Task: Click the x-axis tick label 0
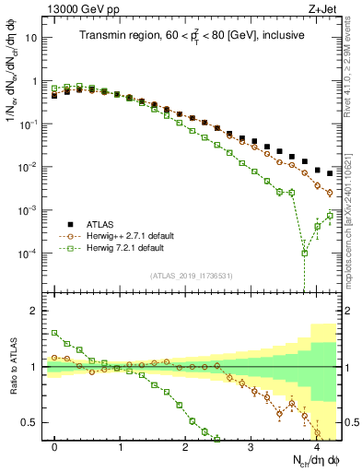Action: coord(54,446)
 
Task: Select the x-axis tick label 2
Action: coord(185,446)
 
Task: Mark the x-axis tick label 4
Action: coord(316,446)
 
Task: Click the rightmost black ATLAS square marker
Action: coord(330,173)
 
